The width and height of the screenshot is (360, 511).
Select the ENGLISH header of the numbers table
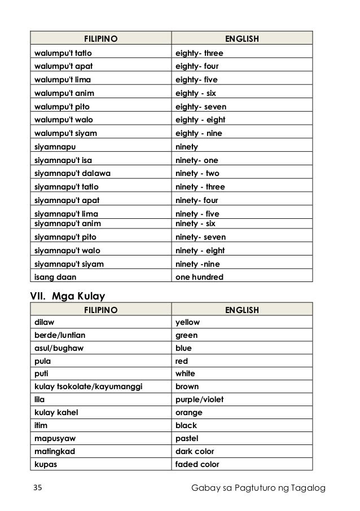point(242,40)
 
